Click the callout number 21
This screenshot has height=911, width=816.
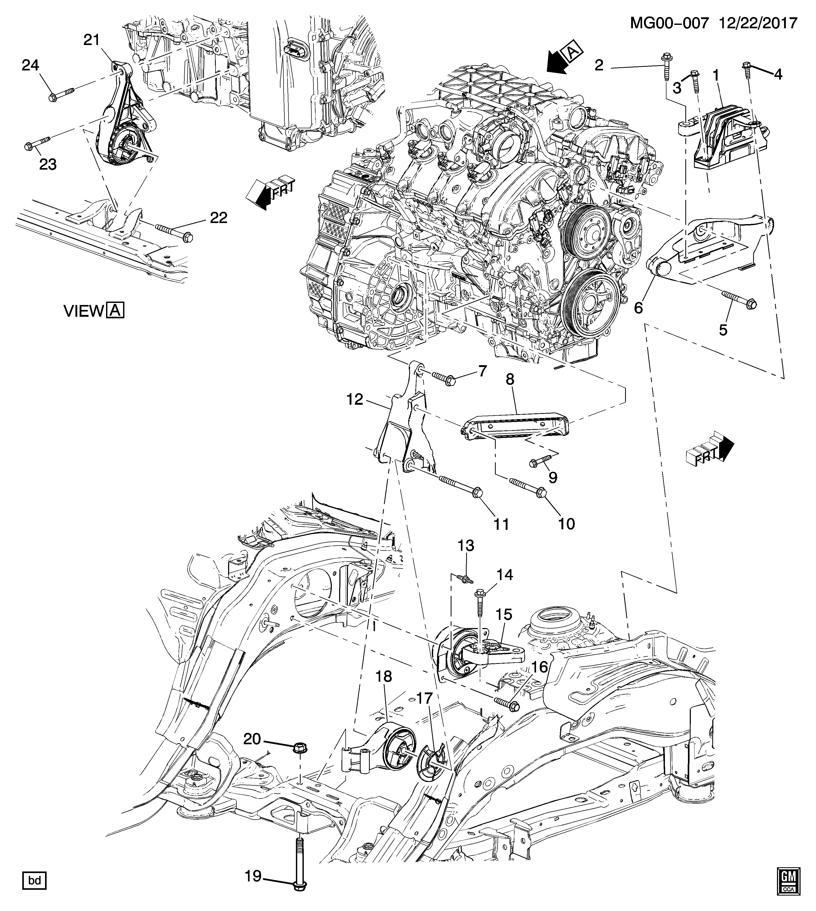pyautogui.click(x=91, y=40)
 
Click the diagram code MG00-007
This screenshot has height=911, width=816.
pyautogui.click(x=669, y=23)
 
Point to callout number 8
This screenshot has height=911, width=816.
pyautogui.click(x=510, y=380)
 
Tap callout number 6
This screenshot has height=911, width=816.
pyautogui.click(x=638, y=307)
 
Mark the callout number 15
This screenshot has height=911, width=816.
pyautogui.click(x=504, y=614)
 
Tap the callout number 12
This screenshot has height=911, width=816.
pyautogui.click(x=354, y=399)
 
